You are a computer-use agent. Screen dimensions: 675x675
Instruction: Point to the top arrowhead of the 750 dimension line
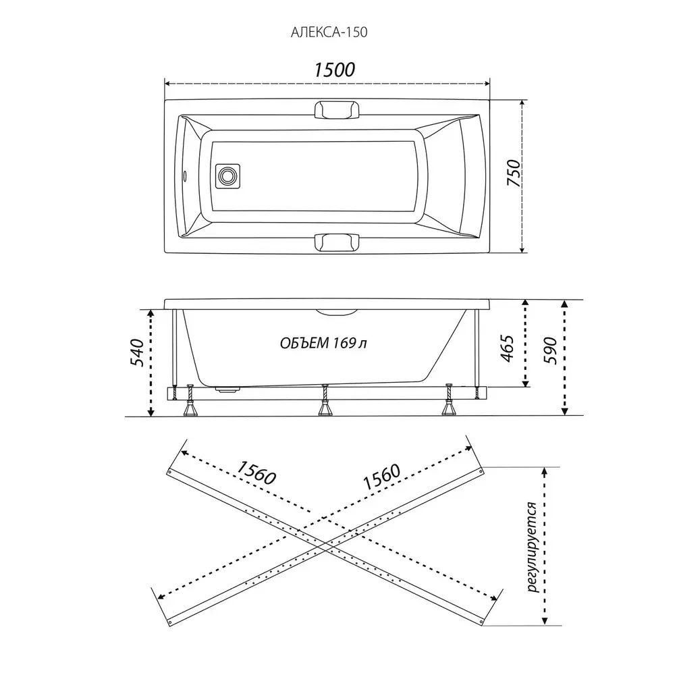522,103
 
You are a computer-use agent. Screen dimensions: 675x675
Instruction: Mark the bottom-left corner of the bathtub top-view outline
165,252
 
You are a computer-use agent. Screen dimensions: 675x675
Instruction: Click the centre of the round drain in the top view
227,175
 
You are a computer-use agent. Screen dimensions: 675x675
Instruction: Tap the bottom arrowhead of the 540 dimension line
151,412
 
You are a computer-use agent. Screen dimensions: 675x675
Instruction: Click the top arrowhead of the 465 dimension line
524,303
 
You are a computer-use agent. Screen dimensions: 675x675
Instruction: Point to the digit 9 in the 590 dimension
551,351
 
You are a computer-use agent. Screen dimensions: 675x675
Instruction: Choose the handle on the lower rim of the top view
337,242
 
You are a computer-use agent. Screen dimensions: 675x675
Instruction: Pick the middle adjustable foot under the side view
325,400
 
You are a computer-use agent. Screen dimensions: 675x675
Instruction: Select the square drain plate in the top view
227,175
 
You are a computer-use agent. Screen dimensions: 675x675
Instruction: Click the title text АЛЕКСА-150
329,32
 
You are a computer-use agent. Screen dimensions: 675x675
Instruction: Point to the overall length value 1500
335,70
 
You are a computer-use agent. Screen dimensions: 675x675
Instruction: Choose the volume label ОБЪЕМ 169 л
324,343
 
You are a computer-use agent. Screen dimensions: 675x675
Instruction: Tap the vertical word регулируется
533,547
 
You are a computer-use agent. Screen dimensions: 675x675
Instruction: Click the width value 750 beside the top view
514,173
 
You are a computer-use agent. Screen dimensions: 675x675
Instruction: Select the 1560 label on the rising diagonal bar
382,477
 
